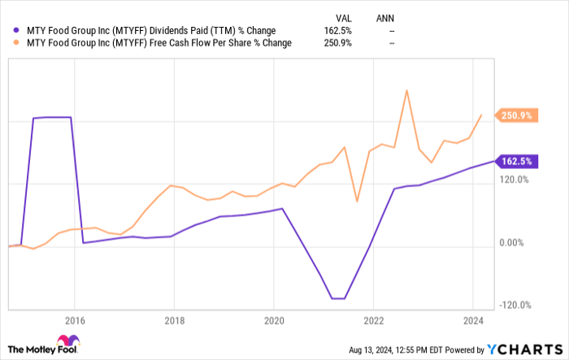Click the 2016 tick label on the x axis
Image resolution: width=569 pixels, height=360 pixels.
(x=75, y=320)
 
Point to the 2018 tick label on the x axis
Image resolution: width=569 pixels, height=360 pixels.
(x=174, y=320)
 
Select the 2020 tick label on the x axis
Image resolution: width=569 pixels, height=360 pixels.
(x=274, y=320)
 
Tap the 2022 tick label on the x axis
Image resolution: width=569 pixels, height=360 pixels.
(x=373, y=320)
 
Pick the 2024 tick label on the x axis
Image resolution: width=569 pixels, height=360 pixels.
(x=473, y=320)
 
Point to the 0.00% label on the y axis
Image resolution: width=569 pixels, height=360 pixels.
(x=515, y=243)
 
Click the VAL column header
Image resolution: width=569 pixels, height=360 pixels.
(x=343, y=16)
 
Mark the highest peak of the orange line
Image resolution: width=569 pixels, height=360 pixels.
(x=406, y=90)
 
